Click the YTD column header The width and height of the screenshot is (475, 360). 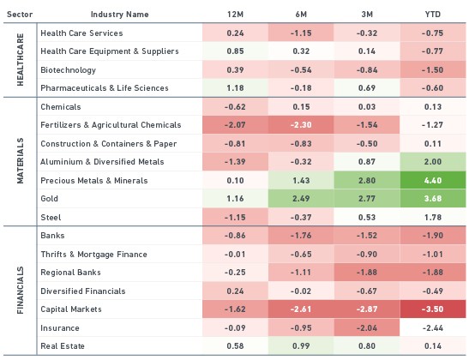[433, 15]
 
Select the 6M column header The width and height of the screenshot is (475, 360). [301, 15]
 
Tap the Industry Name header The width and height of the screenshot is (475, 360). [120, 15]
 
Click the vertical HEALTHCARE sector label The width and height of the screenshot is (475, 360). [20, 60]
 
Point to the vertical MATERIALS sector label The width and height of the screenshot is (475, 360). [20, 161]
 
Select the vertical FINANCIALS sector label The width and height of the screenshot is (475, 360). [20, 290]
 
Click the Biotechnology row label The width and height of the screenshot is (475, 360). [68, 70]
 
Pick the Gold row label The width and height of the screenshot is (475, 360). [50, 199]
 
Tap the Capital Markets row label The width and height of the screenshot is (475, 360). [71, 309]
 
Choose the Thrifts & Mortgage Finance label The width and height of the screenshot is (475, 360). [94, 255]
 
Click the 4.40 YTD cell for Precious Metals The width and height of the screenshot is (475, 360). [433, 181]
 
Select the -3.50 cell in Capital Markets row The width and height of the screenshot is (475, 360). [433, 309]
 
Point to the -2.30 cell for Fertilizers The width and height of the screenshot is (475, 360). [301, 125]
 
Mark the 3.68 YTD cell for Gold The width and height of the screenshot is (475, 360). [433, 199]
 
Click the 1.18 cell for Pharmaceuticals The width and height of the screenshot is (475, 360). [235, 88]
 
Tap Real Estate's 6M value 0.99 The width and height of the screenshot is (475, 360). [301, 345]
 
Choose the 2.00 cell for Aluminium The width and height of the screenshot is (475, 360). [433, 162]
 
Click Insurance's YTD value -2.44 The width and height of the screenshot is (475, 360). [433, 328]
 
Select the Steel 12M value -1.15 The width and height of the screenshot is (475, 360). [235, 217]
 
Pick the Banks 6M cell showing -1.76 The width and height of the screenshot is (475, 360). [301, 235]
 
